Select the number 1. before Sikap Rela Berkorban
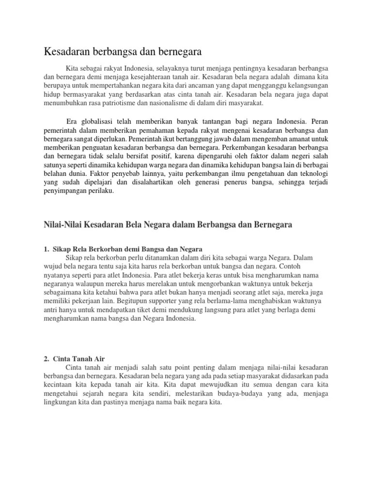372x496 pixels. click(x=46, y=249)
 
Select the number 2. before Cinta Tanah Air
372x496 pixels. click(x=46, y=358)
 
